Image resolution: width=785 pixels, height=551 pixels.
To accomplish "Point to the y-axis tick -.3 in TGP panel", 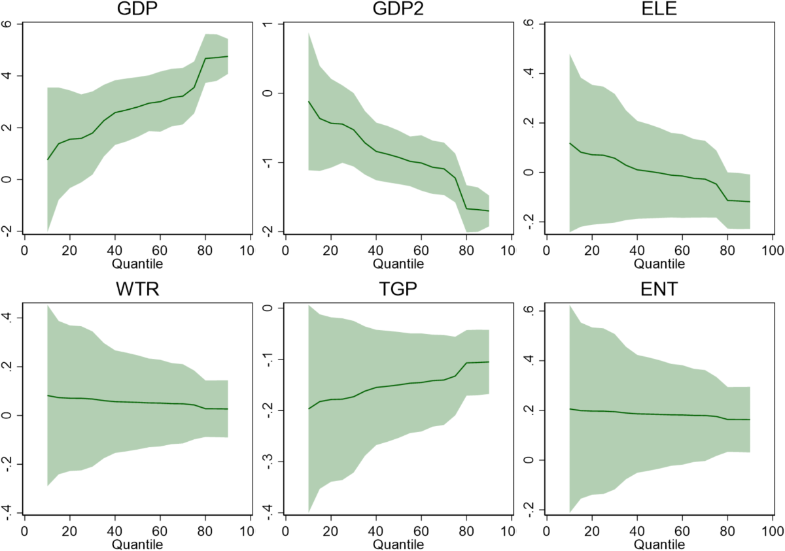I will [268, 461].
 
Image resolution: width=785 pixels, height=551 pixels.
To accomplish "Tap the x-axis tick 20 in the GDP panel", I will [69, 251].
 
